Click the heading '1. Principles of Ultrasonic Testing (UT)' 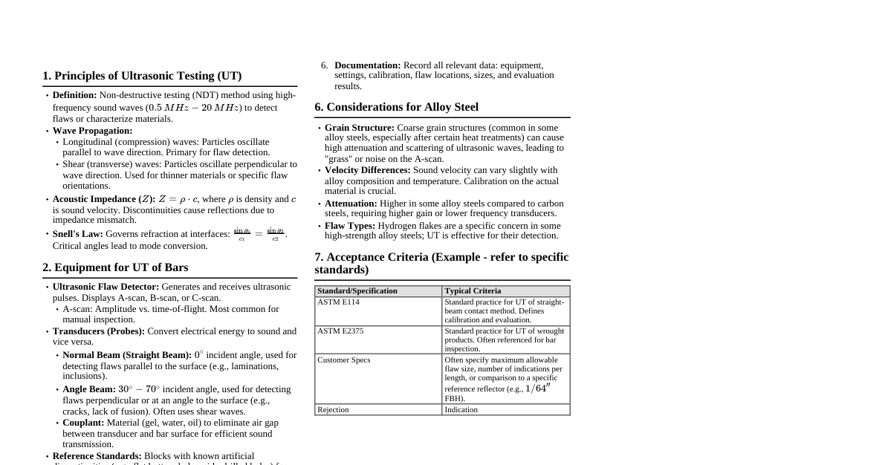coord(142,76)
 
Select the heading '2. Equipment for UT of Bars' coord(115,267)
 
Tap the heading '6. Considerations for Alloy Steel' coord(396,107)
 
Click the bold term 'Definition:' coord(74,95)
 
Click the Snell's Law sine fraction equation coord(259,234)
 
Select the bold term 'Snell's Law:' coord(77,234)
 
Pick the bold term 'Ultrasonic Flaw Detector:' coord(106,287)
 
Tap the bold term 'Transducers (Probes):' coord(98,331)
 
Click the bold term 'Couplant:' coord(83,423)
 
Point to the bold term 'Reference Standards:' coord(97,456)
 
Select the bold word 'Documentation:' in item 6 coord(367,65)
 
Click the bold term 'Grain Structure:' coord(359,128)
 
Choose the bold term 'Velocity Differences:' coord(367,170)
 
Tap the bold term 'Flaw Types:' coord(350,226)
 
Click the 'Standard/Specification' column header coord(357,291)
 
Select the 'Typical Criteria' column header coord(473,291)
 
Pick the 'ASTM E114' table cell coord(338,302)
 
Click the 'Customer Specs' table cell coord(343,360)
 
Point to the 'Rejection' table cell coord(333,409)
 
